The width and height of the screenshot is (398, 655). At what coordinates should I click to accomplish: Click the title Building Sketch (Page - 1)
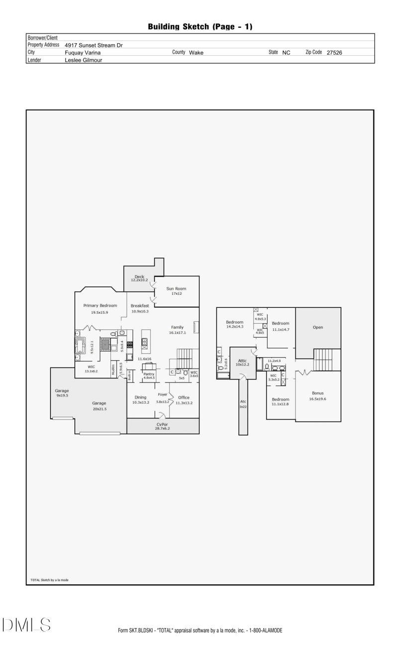(x=200, y=27)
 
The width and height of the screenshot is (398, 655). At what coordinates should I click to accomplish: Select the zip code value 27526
(x=334, y=52)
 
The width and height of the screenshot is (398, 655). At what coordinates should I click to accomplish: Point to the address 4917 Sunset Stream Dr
(x=94, y=45)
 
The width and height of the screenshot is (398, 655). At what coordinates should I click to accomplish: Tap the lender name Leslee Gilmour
(x=84, y=60)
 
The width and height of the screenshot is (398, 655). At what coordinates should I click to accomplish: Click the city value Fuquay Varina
(x=83, y=52)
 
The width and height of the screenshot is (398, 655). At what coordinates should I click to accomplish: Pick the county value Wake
(x=196, y=52)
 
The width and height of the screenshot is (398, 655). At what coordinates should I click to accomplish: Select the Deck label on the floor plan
(x=139, y=277)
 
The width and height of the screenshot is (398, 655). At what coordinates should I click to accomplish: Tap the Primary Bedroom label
(x=100, y=305)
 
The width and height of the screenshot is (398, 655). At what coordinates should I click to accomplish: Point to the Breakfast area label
(x=140, y=306)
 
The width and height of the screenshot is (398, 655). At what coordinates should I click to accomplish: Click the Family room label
(x=177, y=327)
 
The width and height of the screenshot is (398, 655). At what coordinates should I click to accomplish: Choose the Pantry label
(x=149, y=374)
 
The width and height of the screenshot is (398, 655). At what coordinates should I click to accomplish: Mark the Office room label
(x=184, y=397)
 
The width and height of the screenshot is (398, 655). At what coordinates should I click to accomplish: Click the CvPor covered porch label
(x=162, y=424)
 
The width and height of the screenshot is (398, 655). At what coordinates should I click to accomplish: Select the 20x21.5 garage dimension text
(x=99, y=409)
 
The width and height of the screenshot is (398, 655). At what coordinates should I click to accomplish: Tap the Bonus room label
(x=317, y=393)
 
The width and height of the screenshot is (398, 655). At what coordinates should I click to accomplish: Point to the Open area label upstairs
(x=318, y=327)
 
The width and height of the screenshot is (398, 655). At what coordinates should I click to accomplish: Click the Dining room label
(x=141, y=397)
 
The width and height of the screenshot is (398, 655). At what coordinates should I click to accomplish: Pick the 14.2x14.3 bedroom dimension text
(x=235, y=327)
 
